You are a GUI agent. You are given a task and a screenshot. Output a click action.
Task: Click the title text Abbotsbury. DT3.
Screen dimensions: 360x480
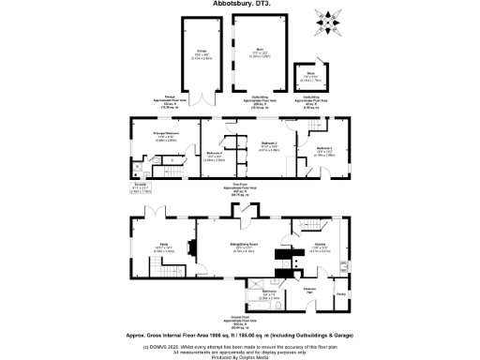click(239, 4)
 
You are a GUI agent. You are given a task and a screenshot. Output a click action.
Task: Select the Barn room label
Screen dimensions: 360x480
click(260, 51)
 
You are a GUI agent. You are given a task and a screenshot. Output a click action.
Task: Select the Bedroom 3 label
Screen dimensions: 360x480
click(323, 149)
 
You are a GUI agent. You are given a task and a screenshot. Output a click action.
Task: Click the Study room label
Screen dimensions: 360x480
click(162, 246)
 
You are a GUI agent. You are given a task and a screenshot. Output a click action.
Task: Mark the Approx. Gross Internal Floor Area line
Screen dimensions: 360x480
click(239, 334)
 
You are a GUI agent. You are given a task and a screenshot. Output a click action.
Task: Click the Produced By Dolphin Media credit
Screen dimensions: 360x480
click(239, 356)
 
